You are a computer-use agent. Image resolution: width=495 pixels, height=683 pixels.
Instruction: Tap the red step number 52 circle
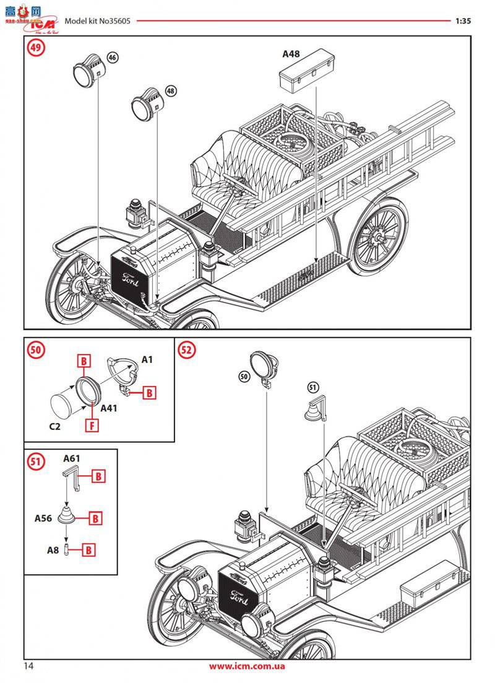point(187,350)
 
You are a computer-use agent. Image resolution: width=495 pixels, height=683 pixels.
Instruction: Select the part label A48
point(291,54)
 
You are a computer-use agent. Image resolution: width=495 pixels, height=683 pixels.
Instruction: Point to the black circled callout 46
point(112,57)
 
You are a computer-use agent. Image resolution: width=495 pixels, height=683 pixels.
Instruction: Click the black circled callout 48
point(171,90)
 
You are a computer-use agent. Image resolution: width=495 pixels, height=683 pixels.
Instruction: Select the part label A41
point(108,408)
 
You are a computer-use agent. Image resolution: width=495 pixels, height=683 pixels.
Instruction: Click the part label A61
point(72,458)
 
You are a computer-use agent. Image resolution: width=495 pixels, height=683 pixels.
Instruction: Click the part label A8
point(54,549)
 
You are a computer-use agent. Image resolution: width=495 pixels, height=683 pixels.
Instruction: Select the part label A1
point(147,359)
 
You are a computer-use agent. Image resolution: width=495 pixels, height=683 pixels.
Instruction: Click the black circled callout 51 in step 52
point(312,387)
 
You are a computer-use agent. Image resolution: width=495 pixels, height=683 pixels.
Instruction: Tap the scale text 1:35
point(463,20)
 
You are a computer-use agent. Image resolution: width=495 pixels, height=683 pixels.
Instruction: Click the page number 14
point(30,666)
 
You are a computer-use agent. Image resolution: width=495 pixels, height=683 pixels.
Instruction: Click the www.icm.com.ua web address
point(247,666)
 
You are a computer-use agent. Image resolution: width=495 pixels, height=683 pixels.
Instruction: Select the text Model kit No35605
point(97,20)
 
